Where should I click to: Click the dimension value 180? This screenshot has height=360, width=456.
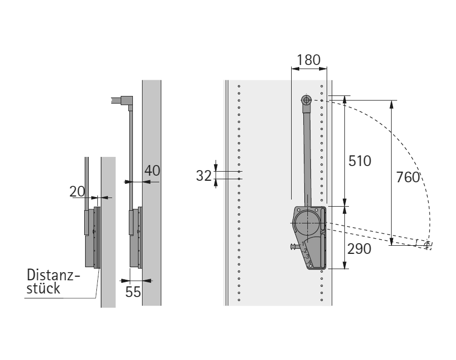[x=308, y=60]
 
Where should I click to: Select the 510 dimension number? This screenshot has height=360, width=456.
[x=360, y=161]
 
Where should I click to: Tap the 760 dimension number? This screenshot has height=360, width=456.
[x=408, y=177]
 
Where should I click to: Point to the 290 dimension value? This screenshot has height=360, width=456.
[x=359, y=249]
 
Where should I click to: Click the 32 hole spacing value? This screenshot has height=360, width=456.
[x=204, y=176]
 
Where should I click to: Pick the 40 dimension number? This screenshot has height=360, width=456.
[x=152, y=171]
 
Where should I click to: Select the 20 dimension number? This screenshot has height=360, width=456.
[x=77, y=191]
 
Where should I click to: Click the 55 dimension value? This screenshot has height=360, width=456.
[x=133, y=291]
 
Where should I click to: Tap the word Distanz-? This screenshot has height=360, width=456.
[x=53, y=275]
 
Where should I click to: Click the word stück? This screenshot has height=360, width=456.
[x=43, y=288]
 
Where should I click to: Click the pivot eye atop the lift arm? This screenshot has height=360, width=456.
[x=306, y=101]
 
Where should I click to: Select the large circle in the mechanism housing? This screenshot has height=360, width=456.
[x=307, y=223]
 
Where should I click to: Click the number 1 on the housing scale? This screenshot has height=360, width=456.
[x=303, y=244]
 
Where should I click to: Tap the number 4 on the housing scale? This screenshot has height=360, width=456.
[x=309, y=262]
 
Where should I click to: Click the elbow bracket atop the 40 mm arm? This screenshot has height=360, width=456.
[x=127, y=101]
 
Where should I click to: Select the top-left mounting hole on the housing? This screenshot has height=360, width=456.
[x=299, y=210]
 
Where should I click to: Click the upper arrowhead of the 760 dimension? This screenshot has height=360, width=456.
[x=392, y=105]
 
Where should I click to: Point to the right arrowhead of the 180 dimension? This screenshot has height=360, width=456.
[x=323, y=69]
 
